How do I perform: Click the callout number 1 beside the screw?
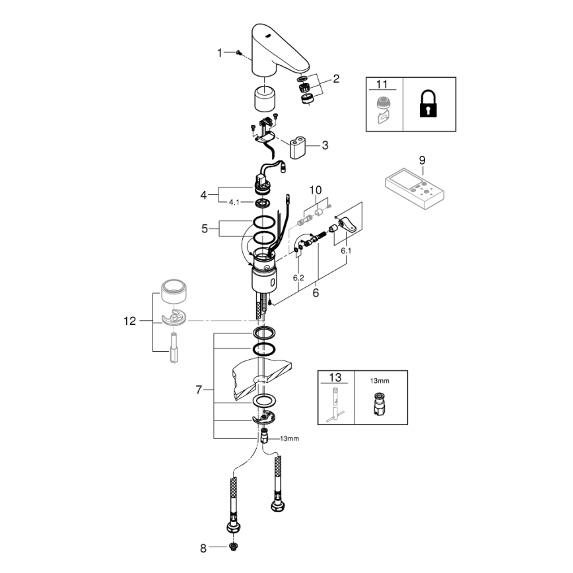pyautogui.click(x=220, y=53)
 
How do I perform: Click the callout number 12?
pyautogui.click(x=129, y=321)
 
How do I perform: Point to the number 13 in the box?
pyautogui.click(x=335, y=378)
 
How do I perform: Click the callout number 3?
pyautogui.click(x=324, y=145)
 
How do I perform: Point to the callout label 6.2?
pyautogui.click(x=298, y=278)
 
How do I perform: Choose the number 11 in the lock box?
pyautogui.click(x=383, y=84)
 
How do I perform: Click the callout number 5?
pyautogui.click(x=205, y=229)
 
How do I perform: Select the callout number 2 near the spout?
pyautogui.click(x=335, y=79)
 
